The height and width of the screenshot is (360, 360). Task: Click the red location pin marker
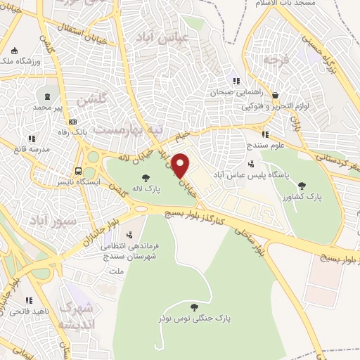pos(181,166)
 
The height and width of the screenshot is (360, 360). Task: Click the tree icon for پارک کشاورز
pos(302,186)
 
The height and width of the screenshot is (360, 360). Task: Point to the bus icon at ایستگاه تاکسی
pos(78,170)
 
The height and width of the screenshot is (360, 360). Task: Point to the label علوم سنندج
pos(264,145)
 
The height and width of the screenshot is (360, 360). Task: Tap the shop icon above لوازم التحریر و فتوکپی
pos(275,95)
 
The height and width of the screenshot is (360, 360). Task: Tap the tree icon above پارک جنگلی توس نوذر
pos(193,307)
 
